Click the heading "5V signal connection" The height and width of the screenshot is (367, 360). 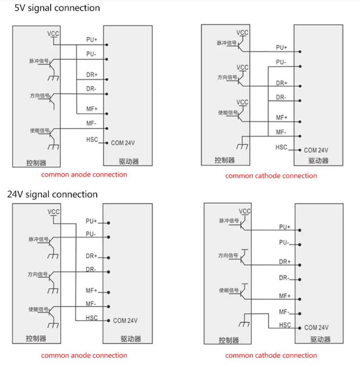click(x=57, y=8)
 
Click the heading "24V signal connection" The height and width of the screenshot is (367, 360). click(x=53, y=195)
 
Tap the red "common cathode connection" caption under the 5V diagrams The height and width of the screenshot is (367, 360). click(x=271, y=176)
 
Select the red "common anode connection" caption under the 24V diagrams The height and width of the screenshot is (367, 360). click(x=84, y=355)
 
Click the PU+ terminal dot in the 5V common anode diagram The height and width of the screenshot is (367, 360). click(x=107, y=45)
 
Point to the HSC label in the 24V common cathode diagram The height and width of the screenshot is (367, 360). click(x=285, y=325)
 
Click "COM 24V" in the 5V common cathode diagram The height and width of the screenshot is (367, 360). click(x=316, y=150)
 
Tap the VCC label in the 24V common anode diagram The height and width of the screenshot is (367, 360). click(x=53, y=212)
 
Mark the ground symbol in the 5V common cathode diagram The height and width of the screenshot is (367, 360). click(x=242, y=146)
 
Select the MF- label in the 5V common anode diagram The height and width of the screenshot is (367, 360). click(x=91, y=124)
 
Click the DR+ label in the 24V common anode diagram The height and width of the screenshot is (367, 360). click(x=92, y=256)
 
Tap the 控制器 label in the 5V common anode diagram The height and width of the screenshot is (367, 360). click(x=36, y=163)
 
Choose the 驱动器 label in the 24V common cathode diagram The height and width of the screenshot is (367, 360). click(x=320, y=340)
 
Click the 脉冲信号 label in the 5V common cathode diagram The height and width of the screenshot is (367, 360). click(x=227, y=43)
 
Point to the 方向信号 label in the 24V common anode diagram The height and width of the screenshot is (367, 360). click(x=38, y=274)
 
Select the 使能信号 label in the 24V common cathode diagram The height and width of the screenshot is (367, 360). click(x=229, y=290)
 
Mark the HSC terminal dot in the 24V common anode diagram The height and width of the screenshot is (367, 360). click(x=108, y=321)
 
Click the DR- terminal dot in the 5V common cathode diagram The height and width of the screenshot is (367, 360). click(x=300, y=101)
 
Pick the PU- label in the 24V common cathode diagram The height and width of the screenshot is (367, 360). click(x=284, y=242)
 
